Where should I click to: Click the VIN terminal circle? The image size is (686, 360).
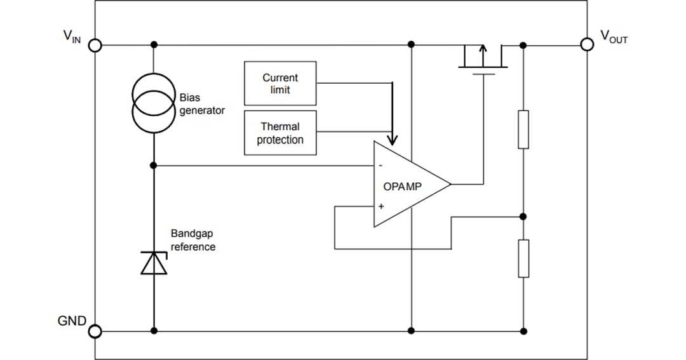[x=95, y=45]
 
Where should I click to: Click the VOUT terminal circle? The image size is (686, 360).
[x=588, y=44]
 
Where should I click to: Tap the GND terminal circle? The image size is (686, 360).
[x=95, y=331]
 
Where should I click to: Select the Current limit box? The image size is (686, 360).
[x=280, y=83]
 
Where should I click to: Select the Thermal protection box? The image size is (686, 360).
[x=280, y=133]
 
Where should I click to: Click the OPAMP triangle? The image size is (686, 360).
[x=407, y=185]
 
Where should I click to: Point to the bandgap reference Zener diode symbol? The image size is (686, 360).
[x=154, y=263]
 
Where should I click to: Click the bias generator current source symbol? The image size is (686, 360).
[x=154, y=103]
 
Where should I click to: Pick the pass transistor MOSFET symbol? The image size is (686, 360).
[x=483, y=58]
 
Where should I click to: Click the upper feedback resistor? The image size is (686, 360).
[x=523, y=130]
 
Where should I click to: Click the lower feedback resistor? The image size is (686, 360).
[x=523, y=258]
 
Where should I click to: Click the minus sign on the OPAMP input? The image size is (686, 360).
[x=381, y=166]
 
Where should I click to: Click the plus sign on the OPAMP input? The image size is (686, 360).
[x=381, y=206]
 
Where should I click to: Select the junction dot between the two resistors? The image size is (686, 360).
[x=523, y=217]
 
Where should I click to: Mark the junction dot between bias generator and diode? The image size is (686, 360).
[x=154, y=166]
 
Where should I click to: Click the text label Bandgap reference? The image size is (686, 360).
[x=193, y=240]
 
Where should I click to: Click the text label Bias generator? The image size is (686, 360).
[x=202, y=104]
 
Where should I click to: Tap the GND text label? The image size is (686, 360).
[x=72, y=321]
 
